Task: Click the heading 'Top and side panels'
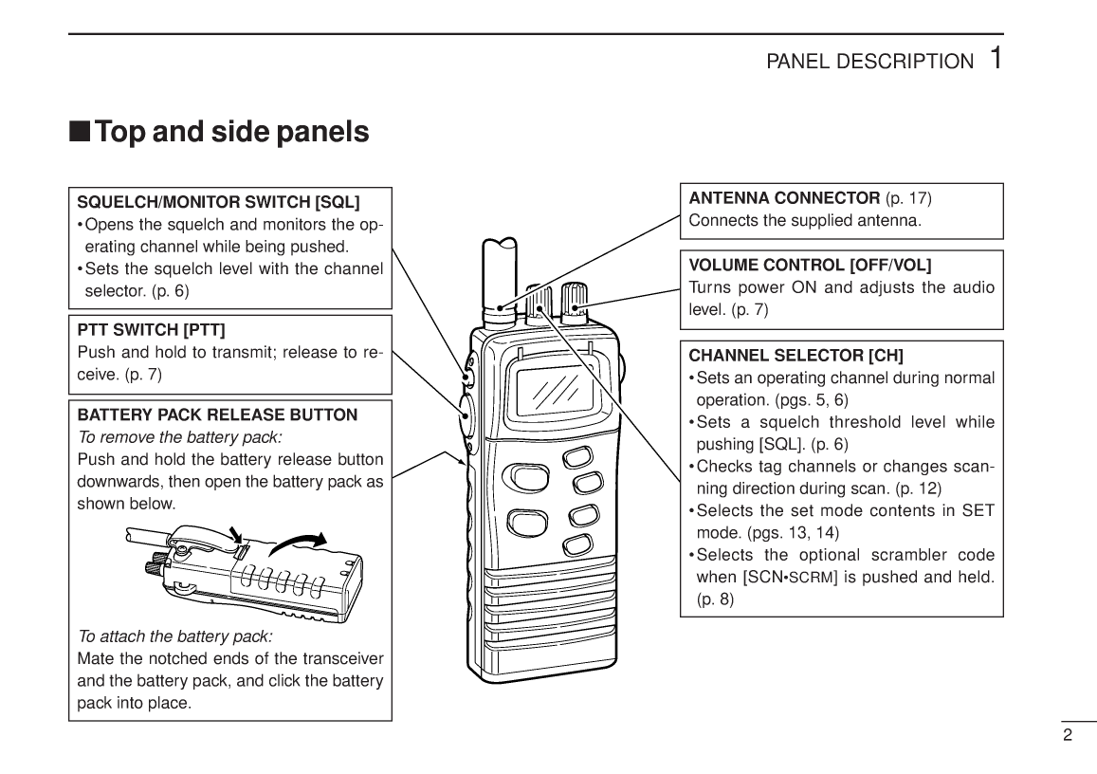[232, 131]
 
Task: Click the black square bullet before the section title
[80, 132]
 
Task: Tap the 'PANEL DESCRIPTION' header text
[868, 62]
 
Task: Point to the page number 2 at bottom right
[1067, 735]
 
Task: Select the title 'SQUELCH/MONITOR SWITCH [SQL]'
[218, 202]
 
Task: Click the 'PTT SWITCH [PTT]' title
[151, 330]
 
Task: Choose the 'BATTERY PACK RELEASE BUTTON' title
[217, 415]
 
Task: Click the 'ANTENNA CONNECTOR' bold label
[783, 198]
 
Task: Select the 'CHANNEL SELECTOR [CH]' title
[795, 356]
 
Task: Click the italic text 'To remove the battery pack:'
[179, 437]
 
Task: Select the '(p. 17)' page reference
[908, 198]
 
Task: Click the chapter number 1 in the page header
[994, 58]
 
